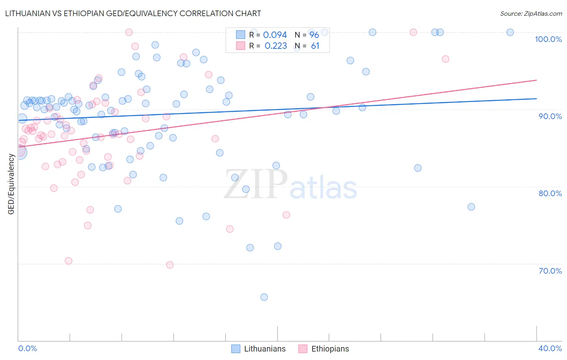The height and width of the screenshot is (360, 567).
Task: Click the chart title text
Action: [x=133, y=13]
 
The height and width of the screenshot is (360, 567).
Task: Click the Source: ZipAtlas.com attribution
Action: [x=531, y=13]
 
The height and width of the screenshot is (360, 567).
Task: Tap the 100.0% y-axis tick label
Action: [x=548, y=39]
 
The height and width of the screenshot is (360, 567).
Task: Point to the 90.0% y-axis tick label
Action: [x=550, y=116]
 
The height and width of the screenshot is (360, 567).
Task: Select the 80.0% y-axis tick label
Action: [x=550, y=193]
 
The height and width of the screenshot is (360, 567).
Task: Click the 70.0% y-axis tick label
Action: [x=550, y=271]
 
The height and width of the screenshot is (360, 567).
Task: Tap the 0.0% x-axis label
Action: [x=27, y=348]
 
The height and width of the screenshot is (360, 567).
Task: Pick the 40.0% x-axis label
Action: [x=550, y=348]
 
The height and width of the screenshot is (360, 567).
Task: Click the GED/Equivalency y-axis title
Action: [x=11, y=184]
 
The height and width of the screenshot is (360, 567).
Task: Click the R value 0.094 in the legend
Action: [x=275, y=35]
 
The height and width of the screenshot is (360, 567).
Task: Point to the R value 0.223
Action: [x=275, y=46]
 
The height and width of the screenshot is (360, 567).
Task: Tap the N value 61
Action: [x=315, y=46]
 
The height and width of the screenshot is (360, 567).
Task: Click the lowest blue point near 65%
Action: [x=264, y=297]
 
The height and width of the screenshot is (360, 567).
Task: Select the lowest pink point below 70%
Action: [x=170, y=265]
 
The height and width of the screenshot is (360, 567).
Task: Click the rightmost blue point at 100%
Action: [x=510, y=32]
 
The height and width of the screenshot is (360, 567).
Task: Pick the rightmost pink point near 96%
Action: [x=446, y=59]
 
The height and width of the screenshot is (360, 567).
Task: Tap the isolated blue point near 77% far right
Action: [x=471, y=207]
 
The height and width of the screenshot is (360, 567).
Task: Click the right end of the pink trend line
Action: [x=536, y=80]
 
